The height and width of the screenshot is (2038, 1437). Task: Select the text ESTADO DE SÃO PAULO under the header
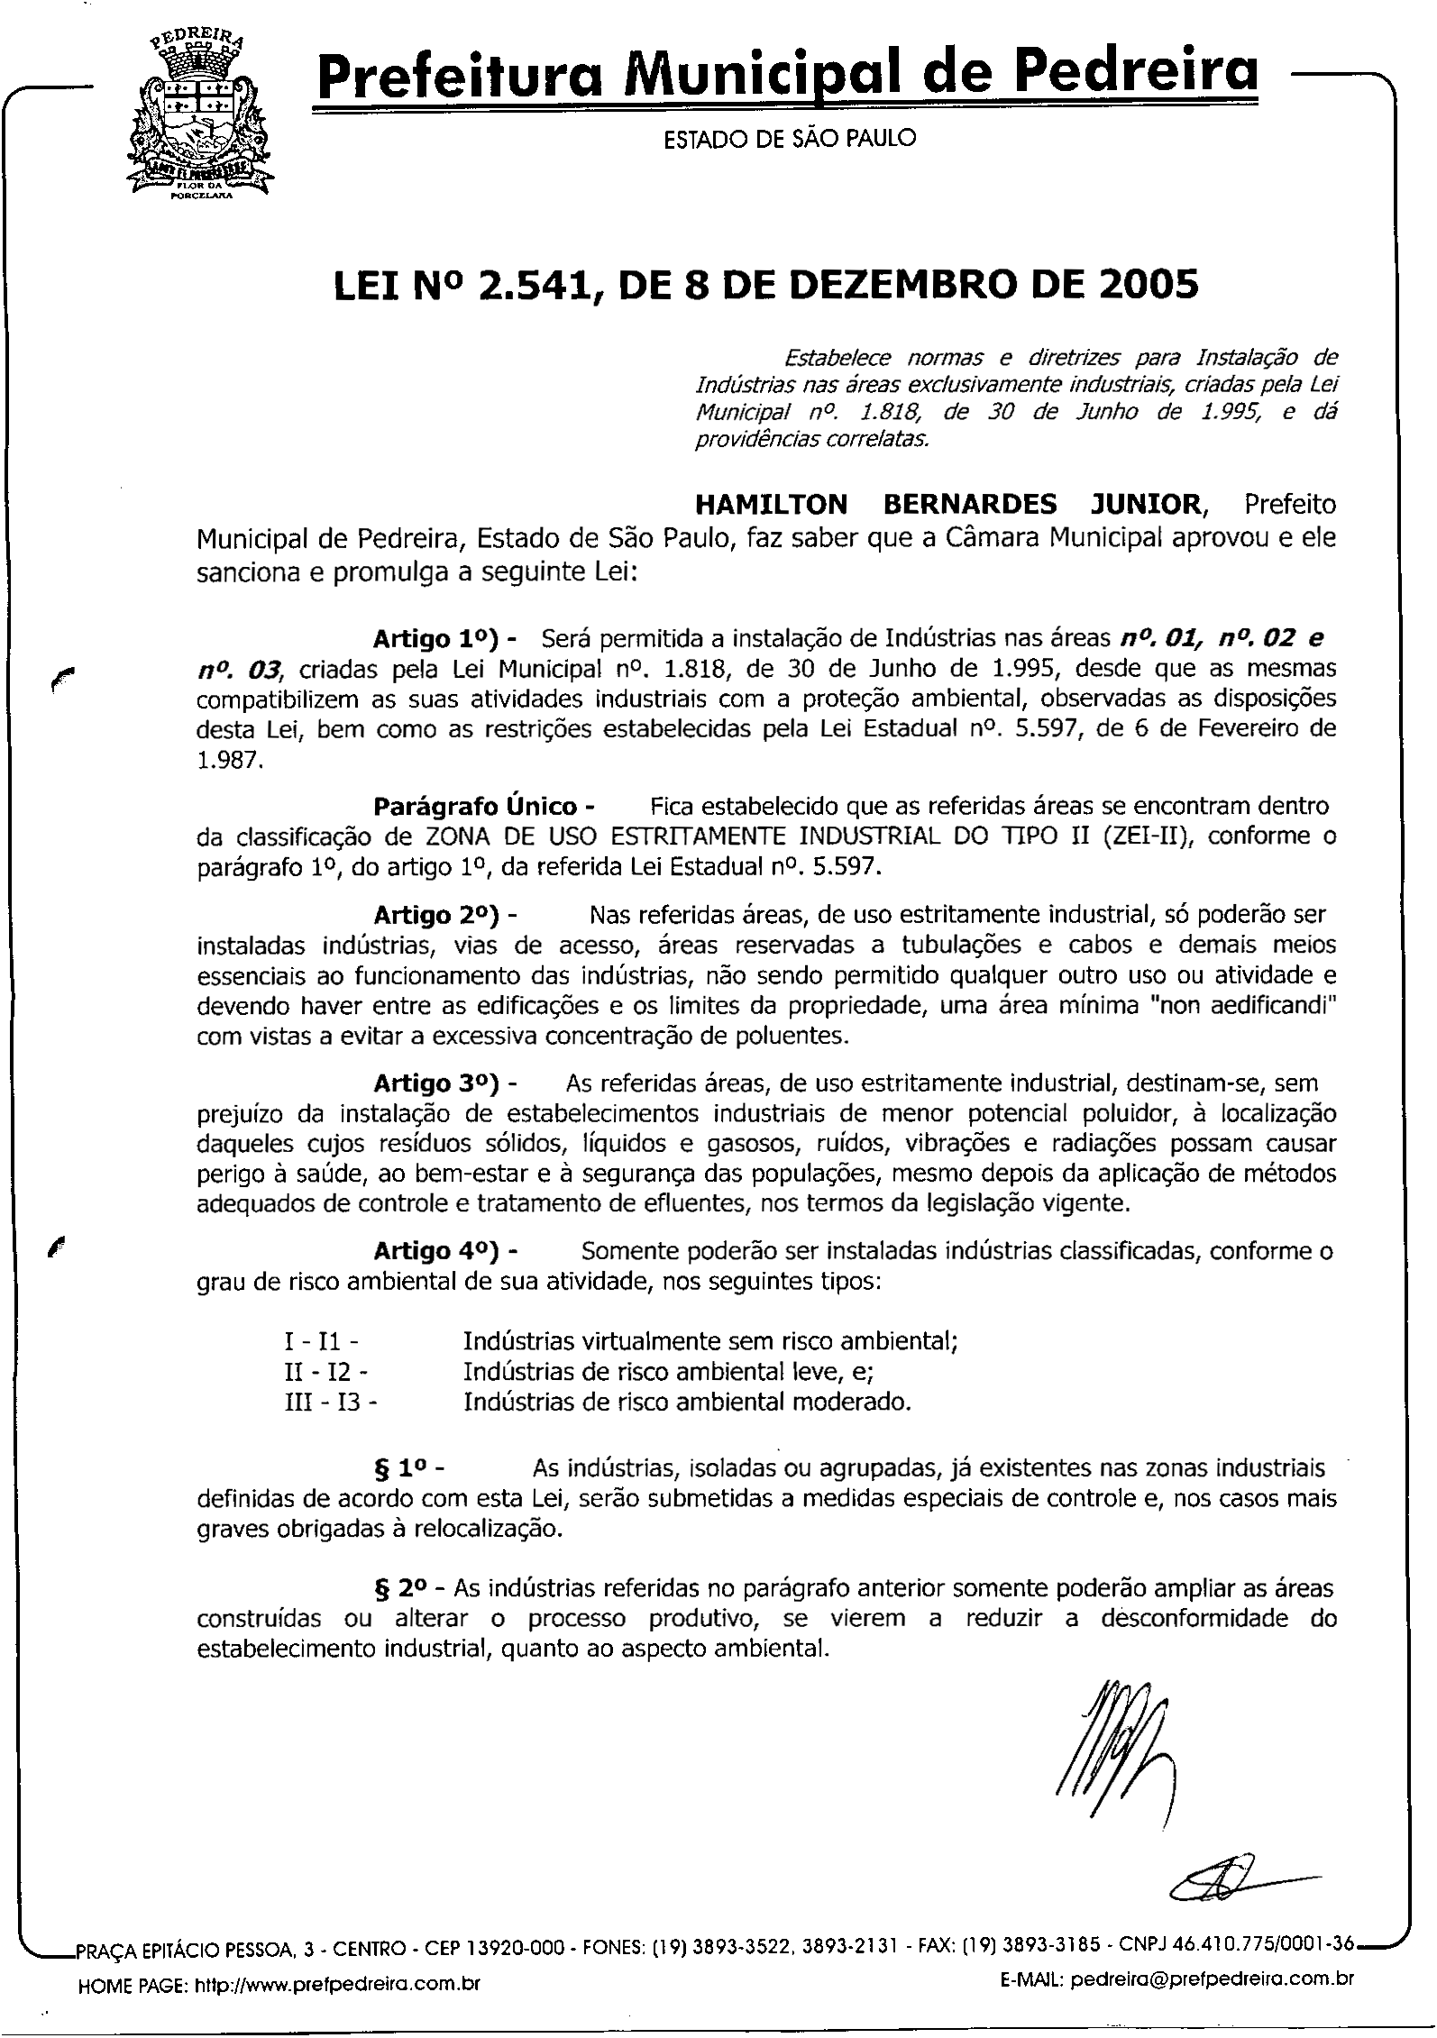pos(789,139)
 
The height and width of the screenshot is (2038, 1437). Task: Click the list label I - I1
pos(322,1342)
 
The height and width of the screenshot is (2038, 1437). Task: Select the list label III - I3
pos(331,1402)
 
